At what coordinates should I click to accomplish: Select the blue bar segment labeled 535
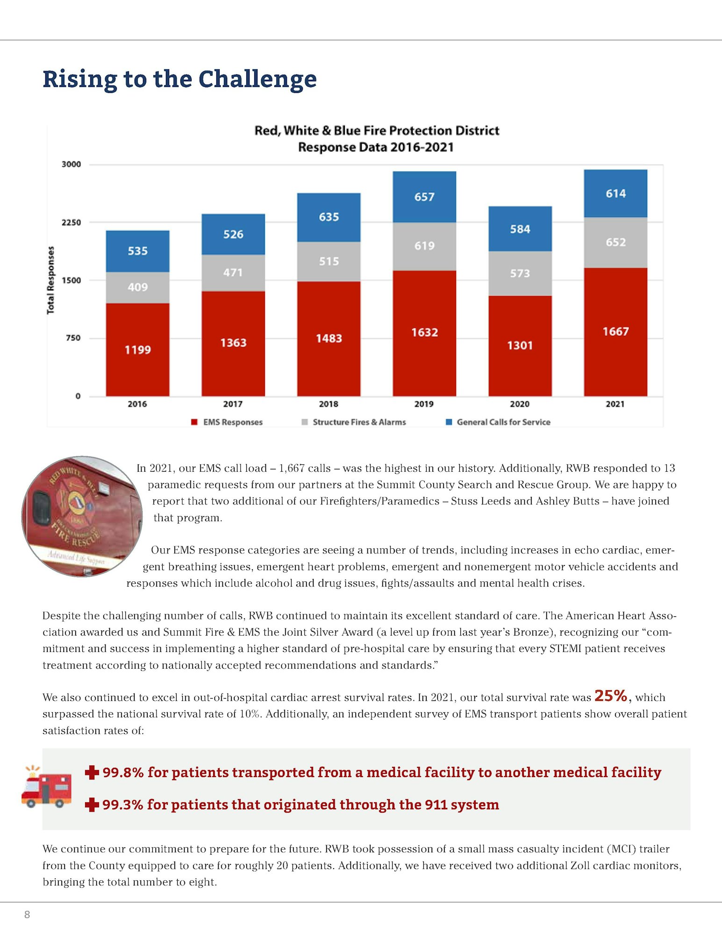(137, 251)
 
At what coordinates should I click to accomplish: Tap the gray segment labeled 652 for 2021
(615, 242)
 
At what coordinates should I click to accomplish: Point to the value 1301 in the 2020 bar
(520, 346)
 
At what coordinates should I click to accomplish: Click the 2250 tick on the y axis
(71, 222)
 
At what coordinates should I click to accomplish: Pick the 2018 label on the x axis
(329, 404)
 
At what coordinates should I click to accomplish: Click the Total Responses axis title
(50, 280)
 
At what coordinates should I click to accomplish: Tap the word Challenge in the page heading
(257, 79)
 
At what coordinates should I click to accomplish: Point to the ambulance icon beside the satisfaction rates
(46, 788)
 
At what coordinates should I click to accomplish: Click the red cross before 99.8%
(92, 772)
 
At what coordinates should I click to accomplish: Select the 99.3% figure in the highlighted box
(122, 805)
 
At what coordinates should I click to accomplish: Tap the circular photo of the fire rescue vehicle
(82, 516)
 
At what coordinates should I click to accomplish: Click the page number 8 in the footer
(27, 914)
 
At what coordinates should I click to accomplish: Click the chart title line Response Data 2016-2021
(376, 148)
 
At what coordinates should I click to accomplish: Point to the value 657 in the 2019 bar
(424, 197)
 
